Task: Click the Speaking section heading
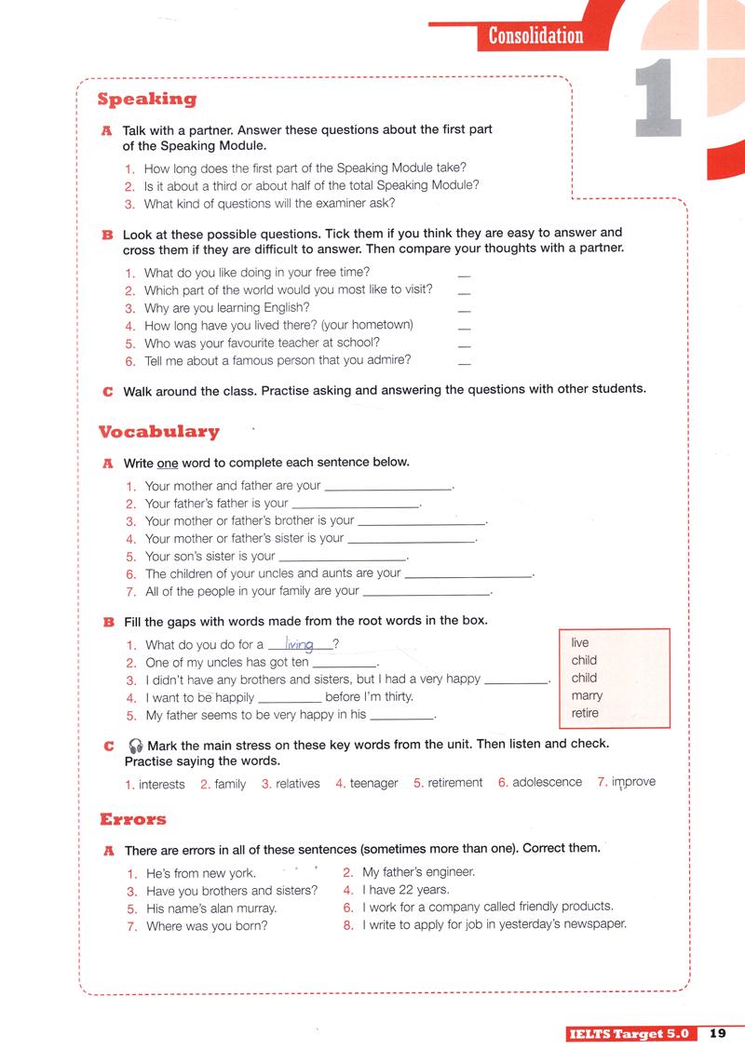pos(147,99)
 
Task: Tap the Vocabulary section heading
pos(158,431)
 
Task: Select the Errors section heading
pos(132,819)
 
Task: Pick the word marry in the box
pos(587,695)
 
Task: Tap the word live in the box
pos(580,643)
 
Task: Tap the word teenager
pos(373,784)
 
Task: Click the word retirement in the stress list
pos(454,783)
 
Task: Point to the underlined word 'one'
pos(167,463)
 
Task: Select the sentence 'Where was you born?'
pos(207,926)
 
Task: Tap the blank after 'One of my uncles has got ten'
pos(343,665)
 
